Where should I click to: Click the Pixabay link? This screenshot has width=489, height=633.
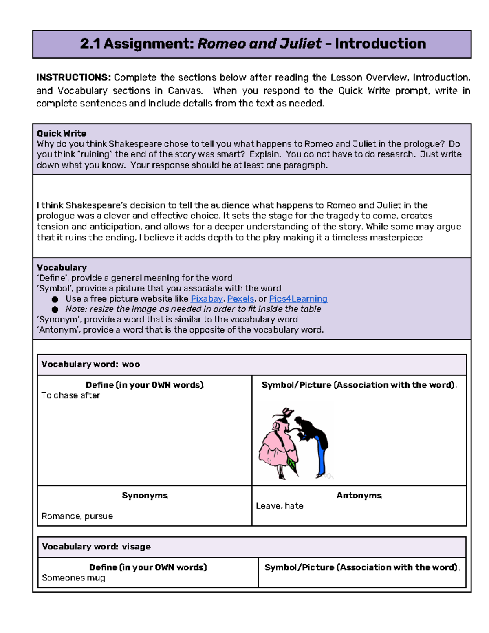click(207, 299)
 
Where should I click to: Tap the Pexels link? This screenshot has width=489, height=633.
click(240, 299)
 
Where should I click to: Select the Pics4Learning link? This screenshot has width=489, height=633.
click(298, 299)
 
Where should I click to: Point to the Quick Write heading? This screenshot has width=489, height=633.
click(62, 133)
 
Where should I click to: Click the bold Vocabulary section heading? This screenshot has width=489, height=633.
click(62, 267)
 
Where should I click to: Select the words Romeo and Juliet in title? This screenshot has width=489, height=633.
click(259, 44)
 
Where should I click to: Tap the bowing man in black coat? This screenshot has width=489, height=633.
click(314, 440)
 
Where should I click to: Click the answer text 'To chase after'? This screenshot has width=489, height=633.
click(70, 395)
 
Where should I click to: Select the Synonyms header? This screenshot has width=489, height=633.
click(145, 495)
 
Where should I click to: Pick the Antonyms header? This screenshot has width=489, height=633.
click(359, 495)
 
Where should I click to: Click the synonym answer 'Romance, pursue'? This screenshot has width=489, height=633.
click(77, 516)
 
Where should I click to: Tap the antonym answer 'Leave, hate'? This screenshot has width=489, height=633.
click(280, 506)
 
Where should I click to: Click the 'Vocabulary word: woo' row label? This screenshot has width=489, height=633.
click(90, 364)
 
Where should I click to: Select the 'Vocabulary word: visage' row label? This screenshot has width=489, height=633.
click(96, 547)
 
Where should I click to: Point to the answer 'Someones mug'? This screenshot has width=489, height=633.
click(73, 578)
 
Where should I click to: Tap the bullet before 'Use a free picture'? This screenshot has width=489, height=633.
click(55, 299)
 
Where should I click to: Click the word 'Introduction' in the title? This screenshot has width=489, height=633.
click(380, 44)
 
